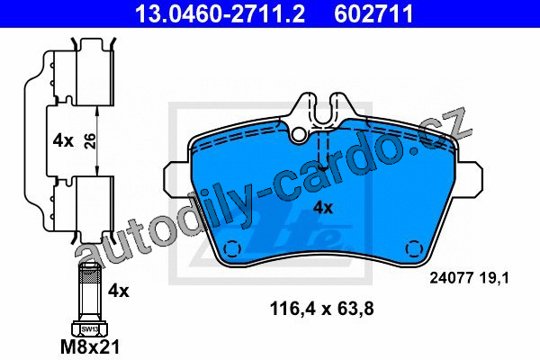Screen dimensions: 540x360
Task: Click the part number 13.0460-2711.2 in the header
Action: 220,13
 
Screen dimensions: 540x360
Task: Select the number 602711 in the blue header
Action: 373,13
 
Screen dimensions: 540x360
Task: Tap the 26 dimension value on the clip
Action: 90,141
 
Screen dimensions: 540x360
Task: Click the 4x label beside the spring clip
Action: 63,141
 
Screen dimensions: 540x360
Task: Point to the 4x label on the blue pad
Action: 323,208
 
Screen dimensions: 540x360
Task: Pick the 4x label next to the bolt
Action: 119,291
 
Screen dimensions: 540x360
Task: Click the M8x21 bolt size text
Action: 90,346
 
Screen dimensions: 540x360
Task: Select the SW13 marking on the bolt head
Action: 89,329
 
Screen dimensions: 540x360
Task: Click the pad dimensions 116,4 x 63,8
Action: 321,309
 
